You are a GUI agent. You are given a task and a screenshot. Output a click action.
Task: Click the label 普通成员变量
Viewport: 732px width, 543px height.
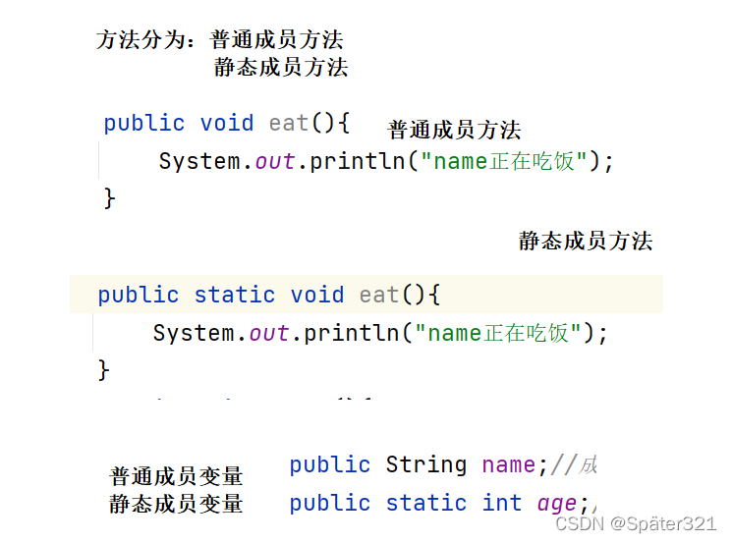tap(176, 477)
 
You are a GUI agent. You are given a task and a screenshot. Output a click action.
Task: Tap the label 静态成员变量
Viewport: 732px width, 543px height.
tap(176, 504)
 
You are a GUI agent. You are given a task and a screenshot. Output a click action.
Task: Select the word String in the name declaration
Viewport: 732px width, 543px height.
tap(425, 464)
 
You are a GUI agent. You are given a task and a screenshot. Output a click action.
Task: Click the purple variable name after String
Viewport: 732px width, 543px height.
tap(508, 464)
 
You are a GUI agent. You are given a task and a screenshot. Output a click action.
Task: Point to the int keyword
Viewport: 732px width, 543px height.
tap(501, 503)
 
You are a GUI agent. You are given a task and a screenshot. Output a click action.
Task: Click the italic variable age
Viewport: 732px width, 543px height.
tap(557, 503)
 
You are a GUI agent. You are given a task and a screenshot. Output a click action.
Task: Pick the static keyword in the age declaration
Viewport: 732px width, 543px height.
tap(425, 503)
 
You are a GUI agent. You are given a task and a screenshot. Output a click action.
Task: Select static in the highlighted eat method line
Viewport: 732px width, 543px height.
tap(234, 295)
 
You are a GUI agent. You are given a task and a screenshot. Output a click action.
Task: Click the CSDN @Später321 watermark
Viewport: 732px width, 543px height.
tap(635, 524)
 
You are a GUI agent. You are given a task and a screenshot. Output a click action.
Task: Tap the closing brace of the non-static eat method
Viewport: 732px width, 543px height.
tap(110, 198)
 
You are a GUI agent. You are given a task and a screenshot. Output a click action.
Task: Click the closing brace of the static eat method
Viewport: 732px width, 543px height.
tap(104, 370)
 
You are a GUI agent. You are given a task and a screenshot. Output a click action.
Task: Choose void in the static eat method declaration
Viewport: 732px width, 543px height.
tap(317, 295)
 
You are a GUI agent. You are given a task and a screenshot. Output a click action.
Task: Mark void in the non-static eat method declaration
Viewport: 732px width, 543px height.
tap(227, 123)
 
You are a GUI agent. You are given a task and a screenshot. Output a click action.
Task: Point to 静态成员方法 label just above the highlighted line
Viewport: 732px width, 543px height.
tap(586, 242)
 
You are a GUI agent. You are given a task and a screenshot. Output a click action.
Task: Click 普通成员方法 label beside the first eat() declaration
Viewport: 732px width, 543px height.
tap(454, 130)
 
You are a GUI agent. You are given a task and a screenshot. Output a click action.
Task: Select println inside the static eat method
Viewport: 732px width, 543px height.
tap(351, 333)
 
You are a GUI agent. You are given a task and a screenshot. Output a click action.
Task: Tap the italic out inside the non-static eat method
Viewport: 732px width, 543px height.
tap(275, 161)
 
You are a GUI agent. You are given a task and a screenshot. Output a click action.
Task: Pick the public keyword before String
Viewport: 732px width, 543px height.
tap(330, 464)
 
